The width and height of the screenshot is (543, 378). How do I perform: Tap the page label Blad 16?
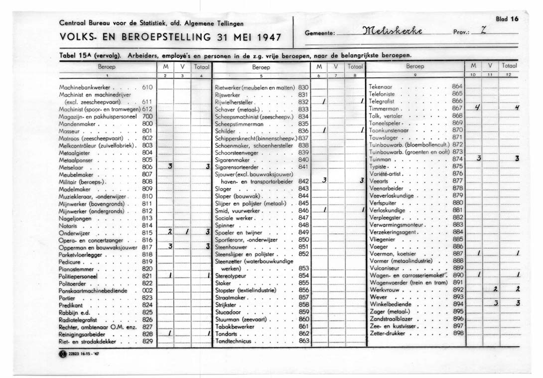tap(507, 18)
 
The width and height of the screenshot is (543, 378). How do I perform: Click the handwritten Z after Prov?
tap(481, 31)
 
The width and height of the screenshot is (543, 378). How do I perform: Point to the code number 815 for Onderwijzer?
tap(147, 233)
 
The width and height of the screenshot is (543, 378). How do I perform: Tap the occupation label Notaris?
tap(68, 226)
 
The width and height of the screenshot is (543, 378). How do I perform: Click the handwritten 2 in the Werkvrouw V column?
tap(495, 289)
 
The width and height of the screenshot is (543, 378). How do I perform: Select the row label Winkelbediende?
tap(391, 303)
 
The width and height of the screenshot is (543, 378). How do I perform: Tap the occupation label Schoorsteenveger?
tap(238, 152)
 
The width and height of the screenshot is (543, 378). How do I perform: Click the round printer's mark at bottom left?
tap(62, 355)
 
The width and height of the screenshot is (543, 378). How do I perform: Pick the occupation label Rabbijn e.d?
tap(73, 312)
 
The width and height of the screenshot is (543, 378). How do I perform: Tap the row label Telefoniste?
tap(382, 93)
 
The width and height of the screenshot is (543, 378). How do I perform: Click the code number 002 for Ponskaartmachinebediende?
tap(147, 290)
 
